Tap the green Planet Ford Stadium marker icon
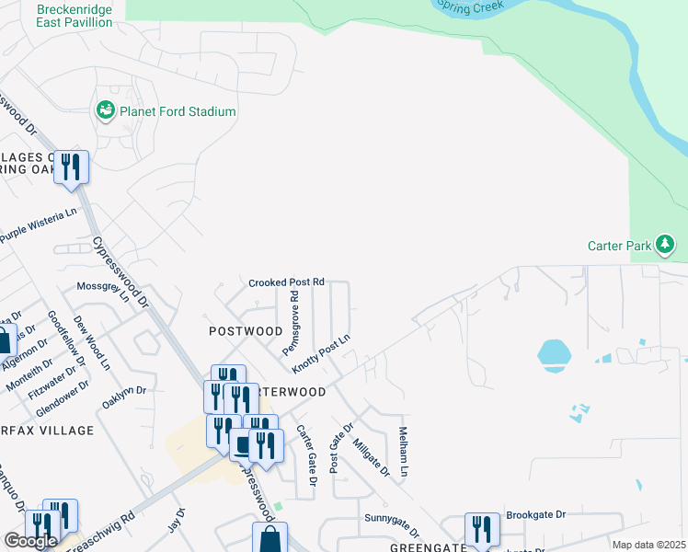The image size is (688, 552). click(x=105, y=111)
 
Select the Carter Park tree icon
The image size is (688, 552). click(x=665, y=245)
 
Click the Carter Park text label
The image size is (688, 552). click(x=619, y=246)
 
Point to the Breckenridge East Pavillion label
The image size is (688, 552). click(x=75, y=15)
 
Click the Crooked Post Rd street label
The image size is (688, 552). click(x=287, y=282)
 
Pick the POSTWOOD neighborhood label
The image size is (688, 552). click(x=246, y=330)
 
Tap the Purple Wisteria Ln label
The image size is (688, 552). click(x=39, y=226)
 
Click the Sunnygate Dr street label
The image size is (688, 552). click(x=392, y=524)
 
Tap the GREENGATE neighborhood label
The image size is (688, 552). click(x=402, y=546)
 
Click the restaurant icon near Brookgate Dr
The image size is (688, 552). click(x=482, y=530)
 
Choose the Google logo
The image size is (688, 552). click(x=30, y=541)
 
